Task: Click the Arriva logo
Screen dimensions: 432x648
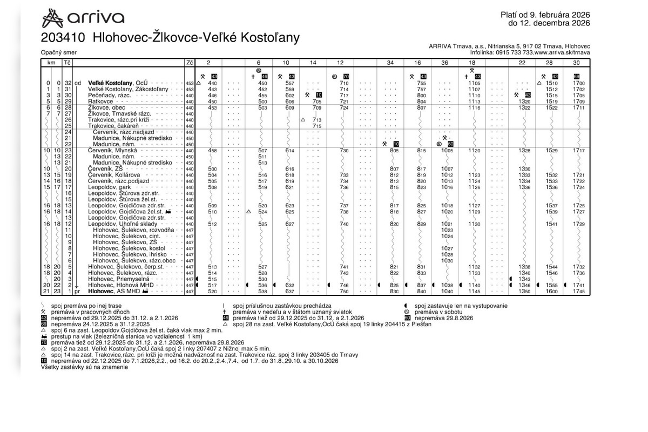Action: (x=83, y=18)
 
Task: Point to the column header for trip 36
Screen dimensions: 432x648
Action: (x=444, y=63)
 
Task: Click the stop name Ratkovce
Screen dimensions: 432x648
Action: (x=100, y=101)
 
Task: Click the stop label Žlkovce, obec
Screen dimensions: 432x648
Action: (x=106, y=108)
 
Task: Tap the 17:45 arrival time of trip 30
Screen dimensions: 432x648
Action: (x=578, y=291)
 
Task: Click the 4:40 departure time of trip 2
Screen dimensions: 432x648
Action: (x=212, y=83)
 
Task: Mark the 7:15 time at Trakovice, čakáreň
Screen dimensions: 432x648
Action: (x=316, y=126)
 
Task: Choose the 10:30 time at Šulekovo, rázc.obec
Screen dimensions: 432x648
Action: (x=446, y=261)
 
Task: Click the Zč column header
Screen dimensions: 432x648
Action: (x=189, y=63)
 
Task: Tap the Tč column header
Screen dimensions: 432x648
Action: (x=67, y=63)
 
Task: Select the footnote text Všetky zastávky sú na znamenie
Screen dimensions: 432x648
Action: (x=84, y=367)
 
